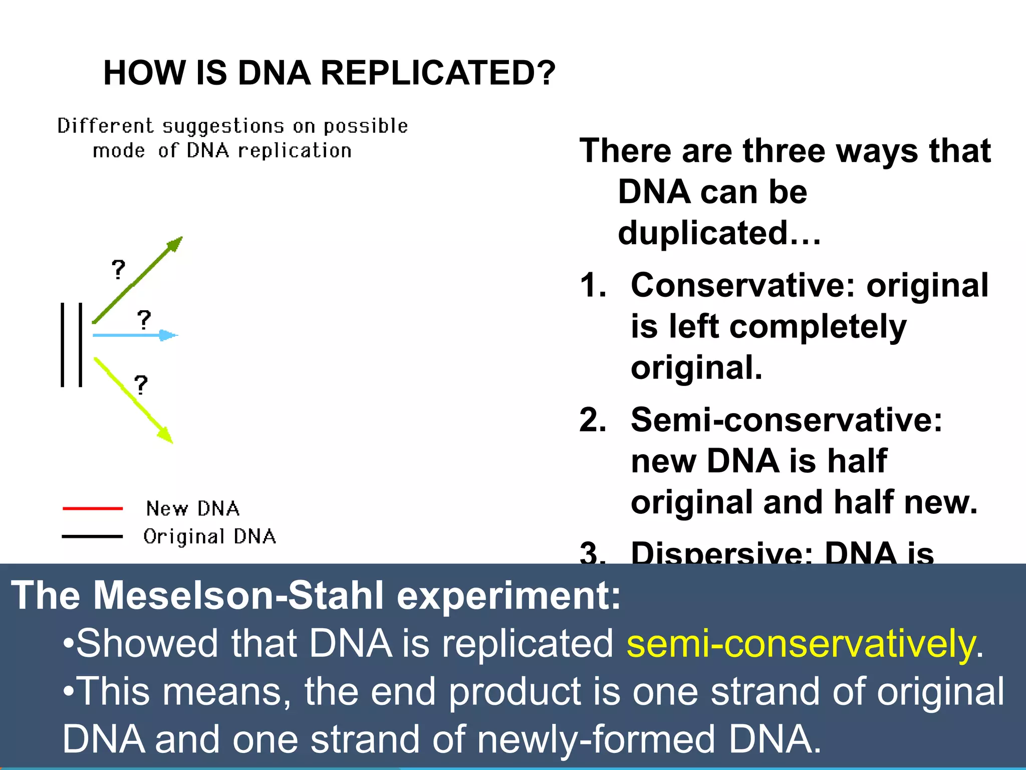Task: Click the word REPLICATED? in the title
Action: [x=437, y=73]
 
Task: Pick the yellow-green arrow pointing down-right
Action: [x=133, y=400]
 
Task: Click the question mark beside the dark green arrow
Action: [x=118, y=270]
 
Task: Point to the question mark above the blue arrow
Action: [x=144, y=320]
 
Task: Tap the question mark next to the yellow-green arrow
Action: [x=141, y=385]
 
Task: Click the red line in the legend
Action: [x=93, y=508]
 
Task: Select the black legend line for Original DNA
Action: [x=93, y=536]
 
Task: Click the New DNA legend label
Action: [x=193, y=508]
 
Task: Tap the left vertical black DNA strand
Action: [x=63, y=345]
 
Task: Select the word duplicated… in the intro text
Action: [x=719, y=234]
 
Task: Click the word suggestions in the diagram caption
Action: [x=223, y=126]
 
